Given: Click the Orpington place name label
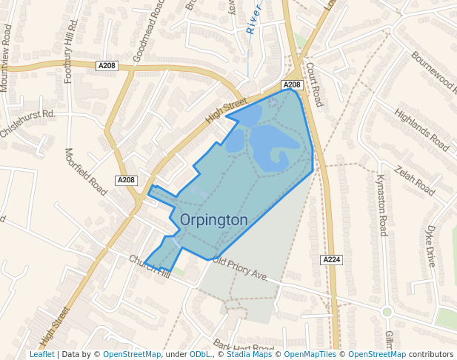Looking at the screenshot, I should tap(213, 220).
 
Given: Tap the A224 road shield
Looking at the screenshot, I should tap(331, 259).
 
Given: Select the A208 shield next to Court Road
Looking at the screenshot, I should tap(292, 85).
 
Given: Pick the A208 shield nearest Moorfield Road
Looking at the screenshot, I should tap(127, 180).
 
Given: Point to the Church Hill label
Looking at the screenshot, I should tap(150, 268).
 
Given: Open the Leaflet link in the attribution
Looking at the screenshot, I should tap(42, 355).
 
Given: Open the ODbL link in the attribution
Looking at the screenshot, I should tap(200, 355).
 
